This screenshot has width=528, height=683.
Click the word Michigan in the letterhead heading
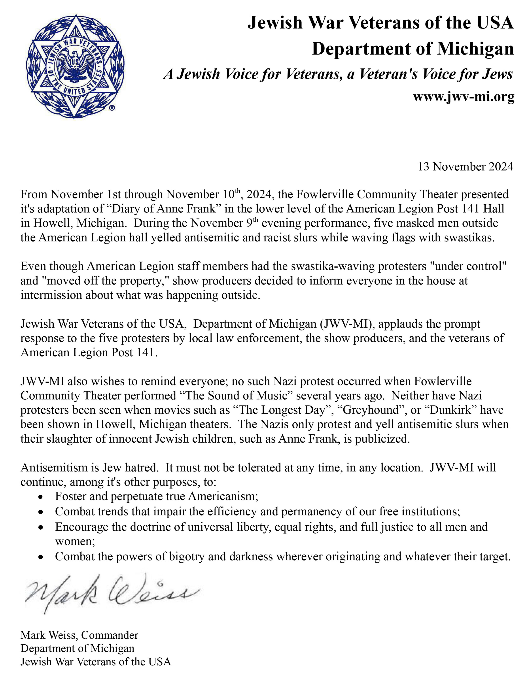pos(475,49)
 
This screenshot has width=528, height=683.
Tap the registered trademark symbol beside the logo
pos(112,108)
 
